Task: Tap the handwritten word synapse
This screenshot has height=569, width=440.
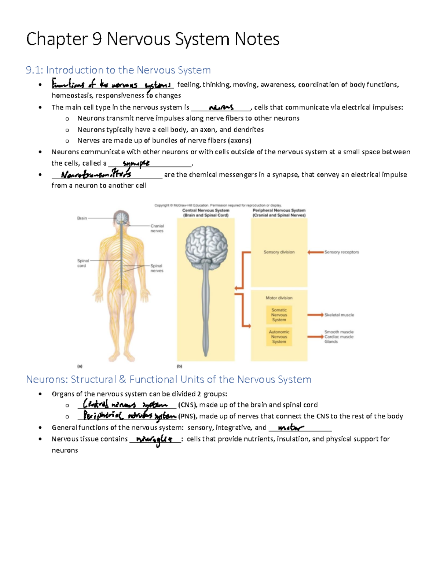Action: (136, 163)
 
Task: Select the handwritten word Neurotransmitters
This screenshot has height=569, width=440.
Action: (96, 174)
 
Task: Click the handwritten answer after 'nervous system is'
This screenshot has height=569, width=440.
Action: (221, 107)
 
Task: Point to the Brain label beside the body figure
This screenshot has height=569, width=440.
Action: (82, 218)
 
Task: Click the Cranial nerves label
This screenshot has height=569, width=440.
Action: (157, 228)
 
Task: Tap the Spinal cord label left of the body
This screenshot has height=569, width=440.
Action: (83, 263)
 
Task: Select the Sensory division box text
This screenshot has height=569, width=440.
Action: (279, 252)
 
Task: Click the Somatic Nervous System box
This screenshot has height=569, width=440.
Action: (279, 315)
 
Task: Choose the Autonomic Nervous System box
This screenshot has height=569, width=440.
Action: (279, 337)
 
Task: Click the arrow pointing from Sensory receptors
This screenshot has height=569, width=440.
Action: (315, 252)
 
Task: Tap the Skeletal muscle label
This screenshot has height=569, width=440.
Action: (339, 315)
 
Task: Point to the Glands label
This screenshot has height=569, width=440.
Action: (331, 341)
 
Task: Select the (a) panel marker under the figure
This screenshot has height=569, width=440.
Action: (80, 366)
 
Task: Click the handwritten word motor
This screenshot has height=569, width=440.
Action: (290, 428)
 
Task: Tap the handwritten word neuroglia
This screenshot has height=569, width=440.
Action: (154, 439)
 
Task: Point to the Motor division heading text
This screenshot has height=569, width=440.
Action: (279, 298)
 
